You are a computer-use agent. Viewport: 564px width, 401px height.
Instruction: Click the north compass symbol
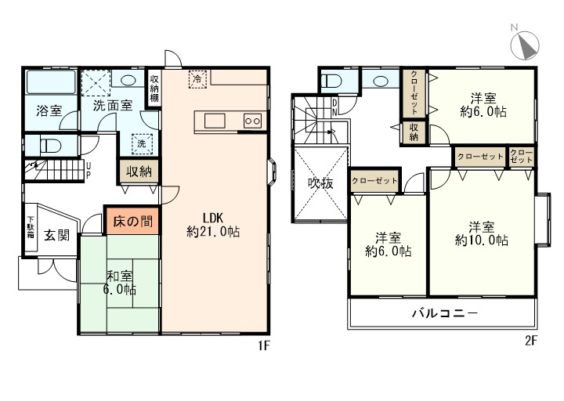[525, 45]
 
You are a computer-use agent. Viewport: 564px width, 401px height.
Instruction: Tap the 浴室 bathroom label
[49, 110]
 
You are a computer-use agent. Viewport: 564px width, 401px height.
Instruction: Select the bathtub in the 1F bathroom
[51, 82]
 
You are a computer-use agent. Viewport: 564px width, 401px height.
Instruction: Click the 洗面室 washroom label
[113, 105]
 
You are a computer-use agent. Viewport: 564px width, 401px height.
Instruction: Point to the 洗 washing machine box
[142, 144]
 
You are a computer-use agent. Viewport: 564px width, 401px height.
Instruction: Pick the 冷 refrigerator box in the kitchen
[197, 79]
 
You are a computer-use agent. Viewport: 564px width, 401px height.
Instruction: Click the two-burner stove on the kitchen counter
[252, 121]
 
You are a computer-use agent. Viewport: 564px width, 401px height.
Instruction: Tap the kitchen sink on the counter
[215, 121]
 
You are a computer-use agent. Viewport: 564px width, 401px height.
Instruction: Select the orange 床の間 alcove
[132, 221]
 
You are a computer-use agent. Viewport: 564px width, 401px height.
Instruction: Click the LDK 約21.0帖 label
[213, 225]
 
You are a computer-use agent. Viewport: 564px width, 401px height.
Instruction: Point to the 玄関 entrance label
[57, 236]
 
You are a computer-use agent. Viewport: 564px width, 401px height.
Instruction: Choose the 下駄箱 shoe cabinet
[31, 228]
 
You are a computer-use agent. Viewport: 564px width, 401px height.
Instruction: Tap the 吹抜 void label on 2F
[320, 184]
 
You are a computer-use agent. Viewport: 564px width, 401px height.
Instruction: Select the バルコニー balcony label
[445, 312]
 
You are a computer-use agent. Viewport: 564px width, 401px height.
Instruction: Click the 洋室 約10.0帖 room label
[482, 233]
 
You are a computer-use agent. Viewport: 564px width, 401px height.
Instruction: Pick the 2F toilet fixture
[331, 81]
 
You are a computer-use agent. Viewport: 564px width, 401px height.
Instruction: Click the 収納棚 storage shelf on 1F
[154, 89]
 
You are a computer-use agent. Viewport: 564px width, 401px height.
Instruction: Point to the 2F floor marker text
[531, 341]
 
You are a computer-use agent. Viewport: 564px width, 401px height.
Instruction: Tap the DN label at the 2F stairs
[334, 107]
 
